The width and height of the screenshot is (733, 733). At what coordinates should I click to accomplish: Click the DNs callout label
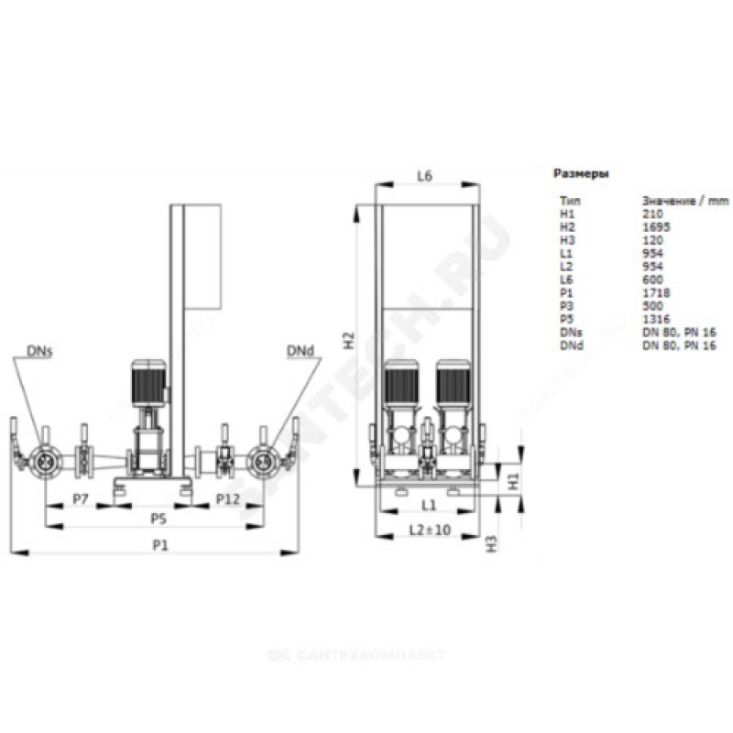coord(39,352)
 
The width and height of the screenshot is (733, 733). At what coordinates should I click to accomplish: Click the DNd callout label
coord(298,352)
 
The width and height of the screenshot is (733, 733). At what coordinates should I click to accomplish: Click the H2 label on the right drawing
coord(347,342)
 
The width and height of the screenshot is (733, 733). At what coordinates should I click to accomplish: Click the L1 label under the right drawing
coord(427,505)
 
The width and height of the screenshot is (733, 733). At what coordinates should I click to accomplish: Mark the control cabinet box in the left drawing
coord(203,256)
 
